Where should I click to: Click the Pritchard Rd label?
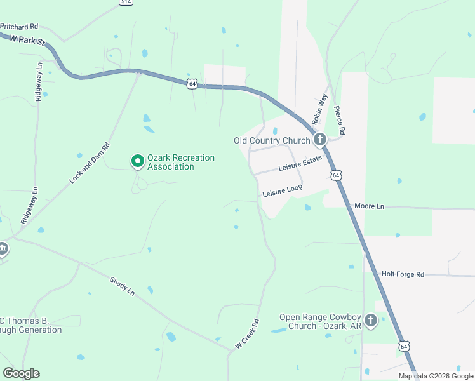(20, 27)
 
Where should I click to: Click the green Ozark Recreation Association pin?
(137, 161)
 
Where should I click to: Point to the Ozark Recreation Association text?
(181, 162)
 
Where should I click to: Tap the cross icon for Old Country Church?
(320, 140)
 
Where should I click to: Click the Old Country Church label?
(272, 140)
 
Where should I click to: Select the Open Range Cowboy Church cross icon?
(370, 321)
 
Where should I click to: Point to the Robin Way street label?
(319, 109)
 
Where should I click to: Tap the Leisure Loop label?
(283, 191)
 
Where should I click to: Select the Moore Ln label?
(370, 206)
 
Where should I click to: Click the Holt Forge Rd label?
(403, 274)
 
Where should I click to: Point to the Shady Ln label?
(123, 286)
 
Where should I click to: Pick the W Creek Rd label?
(248, 334)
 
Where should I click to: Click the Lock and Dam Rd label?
(90, 164)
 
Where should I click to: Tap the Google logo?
(21, 373)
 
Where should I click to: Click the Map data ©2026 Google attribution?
(436, 376)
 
